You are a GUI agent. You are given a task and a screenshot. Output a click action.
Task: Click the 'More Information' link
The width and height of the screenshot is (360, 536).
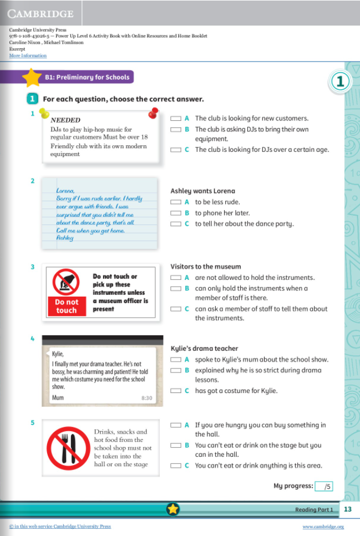pyautogui.click(x=28, y=55)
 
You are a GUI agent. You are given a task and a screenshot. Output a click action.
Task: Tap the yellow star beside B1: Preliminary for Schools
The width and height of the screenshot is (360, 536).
pyautogui.click(x=32, y=77)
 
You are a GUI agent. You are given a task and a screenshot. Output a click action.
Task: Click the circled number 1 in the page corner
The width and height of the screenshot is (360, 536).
pyautogui.click(x=341, y=81)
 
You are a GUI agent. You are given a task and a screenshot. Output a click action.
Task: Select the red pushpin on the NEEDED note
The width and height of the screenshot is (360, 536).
pyautogui.click(x=153, y=114)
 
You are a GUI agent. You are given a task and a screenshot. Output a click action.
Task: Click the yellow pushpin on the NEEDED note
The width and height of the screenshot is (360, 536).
pyautogui.click(x=44, y=113)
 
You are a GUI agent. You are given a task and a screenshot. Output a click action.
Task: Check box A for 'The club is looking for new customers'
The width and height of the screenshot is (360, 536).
pyautogui.click(x=176, y=119)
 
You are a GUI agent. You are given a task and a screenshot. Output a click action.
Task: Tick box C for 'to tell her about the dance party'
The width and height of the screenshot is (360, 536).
pyautogui.click(x=176, y=224)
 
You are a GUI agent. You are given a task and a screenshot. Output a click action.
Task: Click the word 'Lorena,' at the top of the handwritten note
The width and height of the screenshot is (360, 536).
pyautogui.click(x=65, y=190)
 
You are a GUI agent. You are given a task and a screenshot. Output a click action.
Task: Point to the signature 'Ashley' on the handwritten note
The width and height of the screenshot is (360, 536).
pyautogui.click(x=65, y=237)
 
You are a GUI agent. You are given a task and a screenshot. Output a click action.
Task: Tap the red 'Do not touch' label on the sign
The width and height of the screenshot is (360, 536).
pyautogui.click(x=67, y=306)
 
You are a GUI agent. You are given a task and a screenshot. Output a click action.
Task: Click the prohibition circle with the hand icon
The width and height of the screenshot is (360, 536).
pyautogui.click(x=67, y=282)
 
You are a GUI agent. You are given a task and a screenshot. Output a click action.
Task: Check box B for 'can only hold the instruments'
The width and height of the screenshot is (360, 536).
pyautogui.click(x=176, y=289)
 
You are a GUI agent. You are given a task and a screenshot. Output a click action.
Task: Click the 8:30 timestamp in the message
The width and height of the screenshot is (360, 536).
pyautogui.click(x=147, y=398)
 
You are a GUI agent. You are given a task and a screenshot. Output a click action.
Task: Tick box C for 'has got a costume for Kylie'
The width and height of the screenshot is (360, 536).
pyautogui.click(x=176, y=391)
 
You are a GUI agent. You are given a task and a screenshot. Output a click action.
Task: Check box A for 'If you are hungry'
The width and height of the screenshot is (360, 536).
pyautogui.click(x=176, y=425)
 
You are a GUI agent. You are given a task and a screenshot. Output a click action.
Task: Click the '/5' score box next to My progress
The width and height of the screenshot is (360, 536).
pyautogui.click(x=324, y=486)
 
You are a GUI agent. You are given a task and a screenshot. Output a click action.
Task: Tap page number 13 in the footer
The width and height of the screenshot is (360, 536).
pyautogui.click(x=348, y=509)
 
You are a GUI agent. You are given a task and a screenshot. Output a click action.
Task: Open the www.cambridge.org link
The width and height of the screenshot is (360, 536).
pyautogui.click(x=323, y=527)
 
